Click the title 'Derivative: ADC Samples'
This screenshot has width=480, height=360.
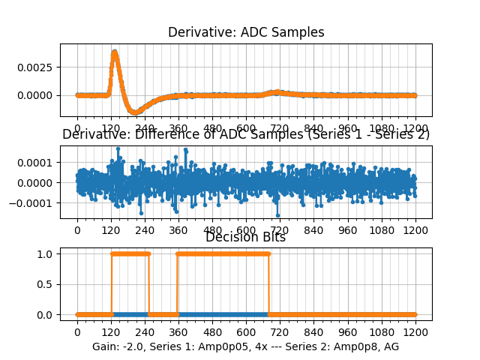246,32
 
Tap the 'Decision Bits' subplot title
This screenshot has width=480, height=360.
245,238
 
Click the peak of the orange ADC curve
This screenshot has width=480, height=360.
114,52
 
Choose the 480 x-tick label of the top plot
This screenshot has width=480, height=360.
212,128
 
